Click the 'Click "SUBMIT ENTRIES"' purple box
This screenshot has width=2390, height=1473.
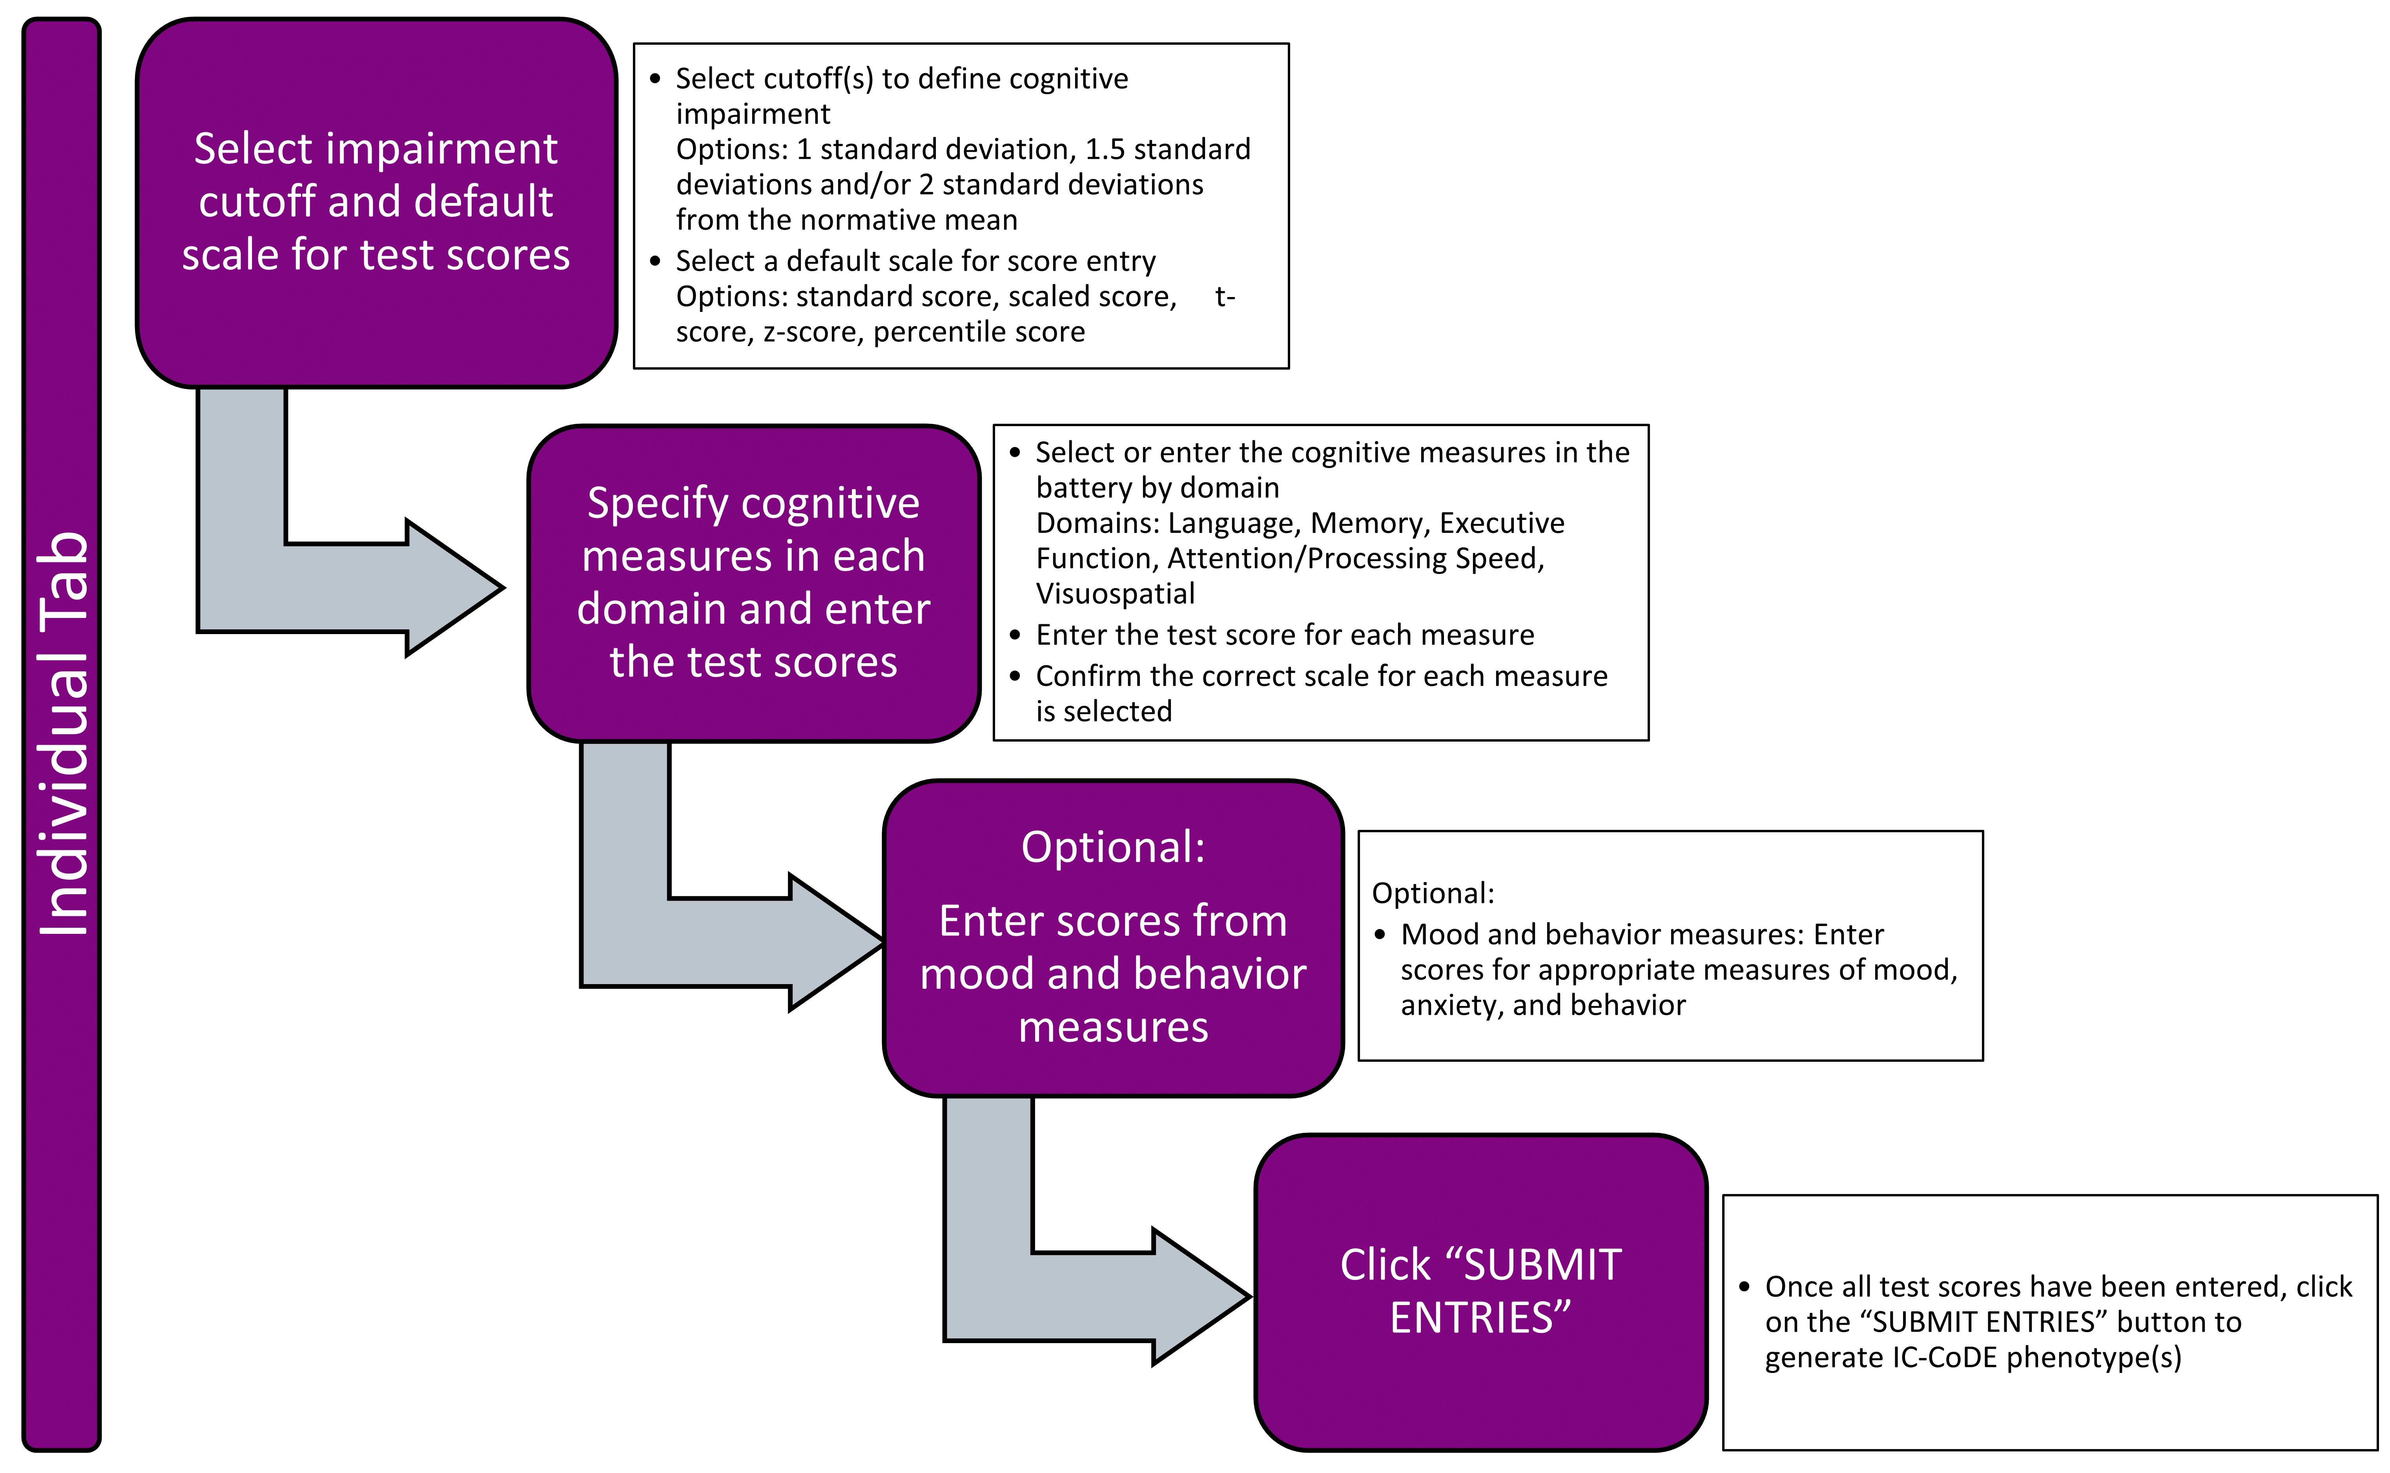point(1480,1292)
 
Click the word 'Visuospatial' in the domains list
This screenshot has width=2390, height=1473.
point(1115,593)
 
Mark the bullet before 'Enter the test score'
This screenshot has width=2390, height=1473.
point(1015,635)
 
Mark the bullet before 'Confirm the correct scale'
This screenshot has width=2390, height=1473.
point(1015,676)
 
